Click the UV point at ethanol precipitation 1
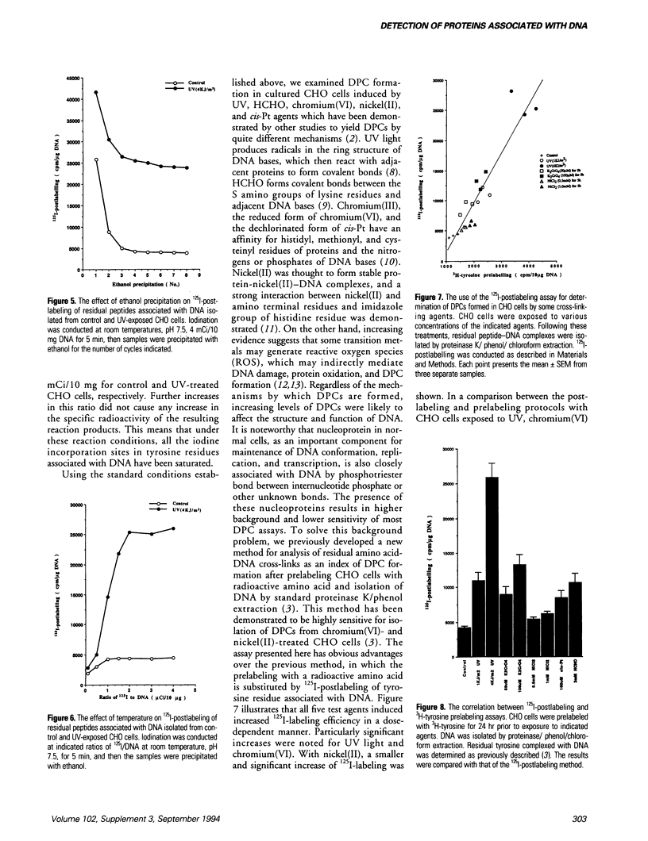pyautogui.click(x=96, y=92)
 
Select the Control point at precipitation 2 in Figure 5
pyautogui.click(x=109, y=232)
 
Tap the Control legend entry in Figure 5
pyautogui.click(x=175, y=82)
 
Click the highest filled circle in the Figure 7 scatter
pyautogui.click(x=511, y=90)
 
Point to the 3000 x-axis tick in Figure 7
pyautogui.click(x=501, y=266)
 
